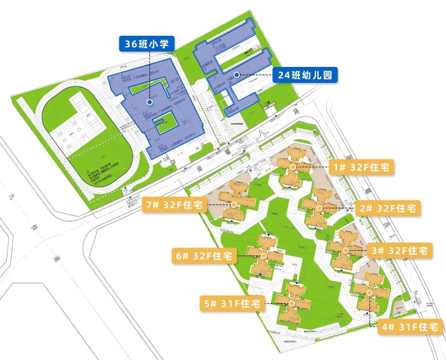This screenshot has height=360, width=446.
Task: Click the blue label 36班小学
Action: coord(147,43)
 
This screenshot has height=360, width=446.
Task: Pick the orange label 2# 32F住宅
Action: coord(389,208)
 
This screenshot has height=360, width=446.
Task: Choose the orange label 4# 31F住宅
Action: coord(410,327)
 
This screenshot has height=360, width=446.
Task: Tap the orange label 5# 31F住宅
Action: coord(231,303)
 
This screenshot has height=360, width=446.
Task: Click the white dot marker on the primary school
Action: coord(149,102)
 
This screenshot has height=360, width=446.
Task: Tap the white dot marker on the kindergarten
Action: coord(236,75)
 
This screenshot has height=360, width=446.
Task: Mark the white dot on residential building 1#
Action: coord(293,167)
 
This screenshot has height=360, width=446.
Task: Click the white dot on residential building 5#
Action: coord(292,303)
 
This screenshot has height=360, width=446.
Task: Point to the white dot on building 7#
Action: coord(234,204)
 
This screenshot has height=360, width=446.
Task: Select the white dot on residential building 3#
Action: coord(345,250)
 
